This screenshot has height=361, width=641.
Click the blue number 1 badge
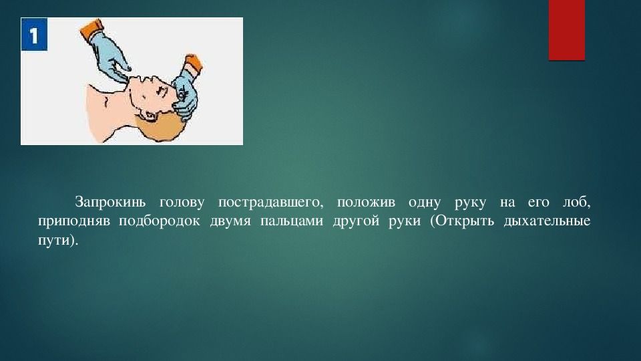(34, 35)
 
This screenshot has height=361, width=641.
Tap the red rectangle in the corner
(566, 29)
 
